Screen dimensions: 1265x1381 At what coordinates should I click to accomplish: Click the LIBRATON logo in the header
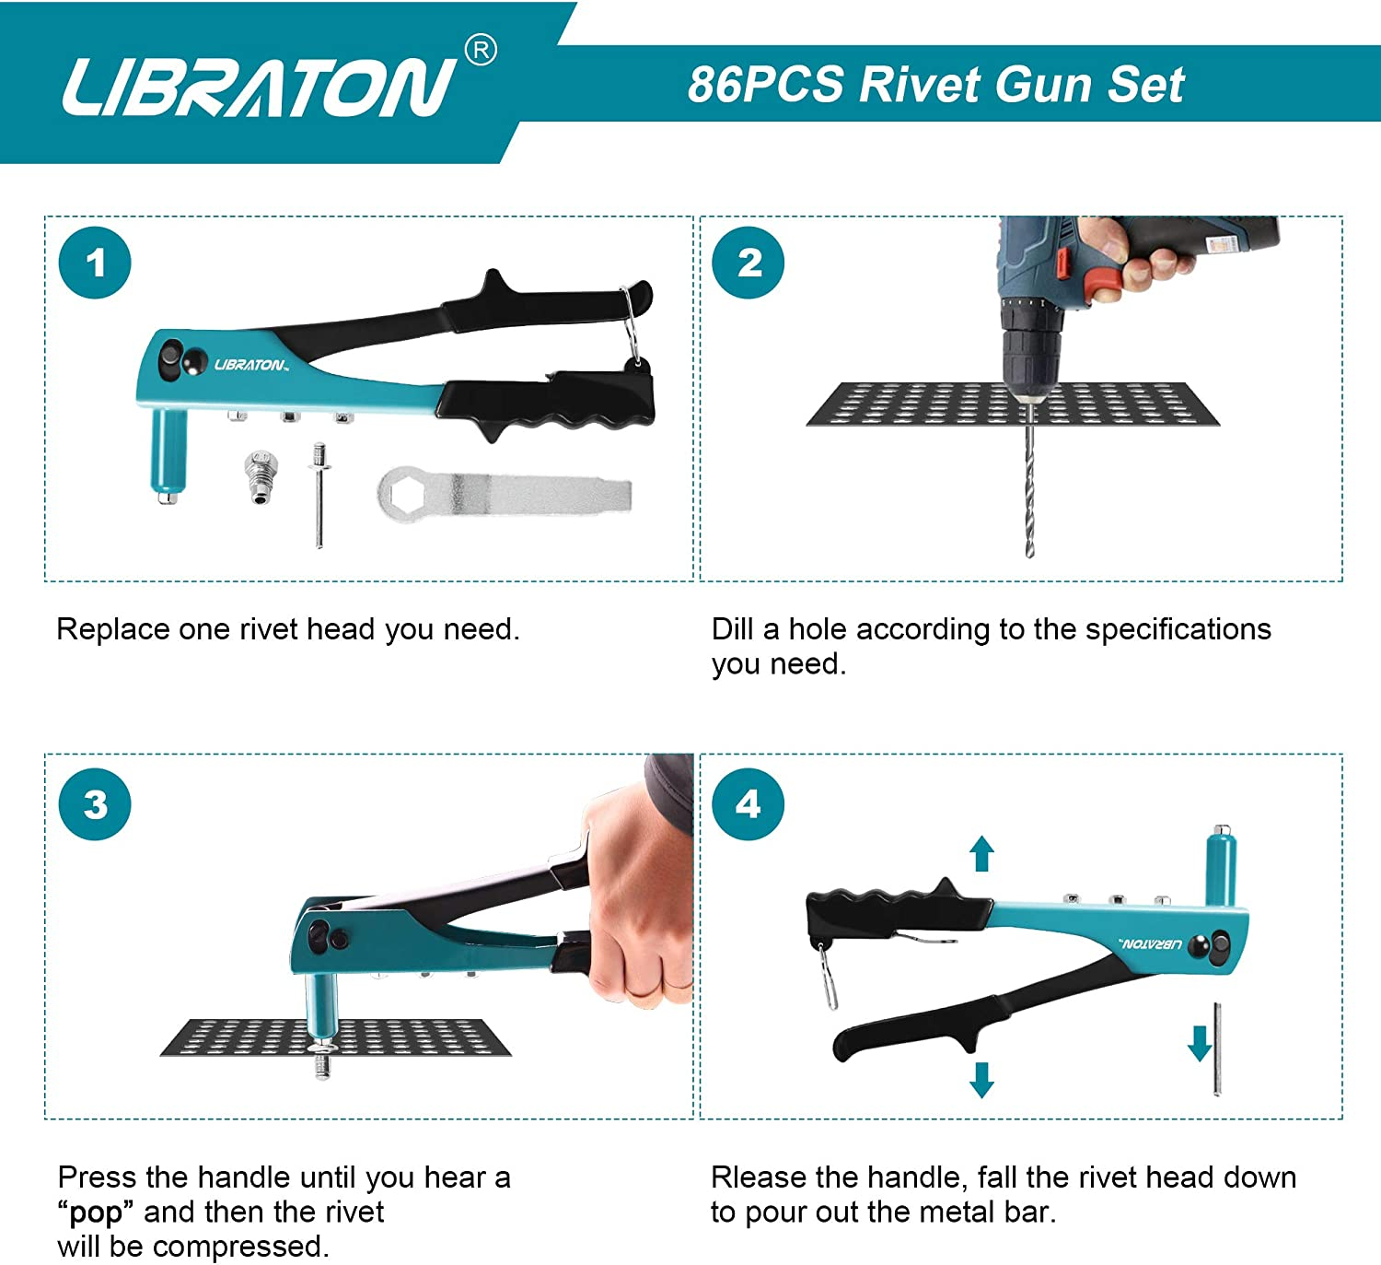tap(258, 87)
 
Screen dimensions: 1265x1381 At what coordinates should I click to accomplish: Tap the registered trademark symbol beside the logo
tap(481, 51)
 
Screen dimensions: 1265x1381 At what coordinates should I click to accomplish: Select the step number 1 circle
tap(95, 264)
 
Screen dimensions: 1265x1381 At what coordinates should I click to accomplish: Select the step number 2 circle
tap(749, 264)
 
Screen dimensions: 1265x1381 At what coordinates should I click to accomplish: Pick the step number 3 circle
tap(95, 804)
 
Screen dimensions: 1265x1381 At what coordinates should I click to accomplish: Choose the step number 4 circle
tap(749, 804)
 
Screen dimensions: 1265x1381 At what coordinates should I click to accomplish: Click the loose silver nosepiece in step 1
tap(261, 475)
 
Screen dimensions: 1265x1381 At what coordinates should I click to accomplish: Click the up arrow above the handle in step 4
tap(982, 853)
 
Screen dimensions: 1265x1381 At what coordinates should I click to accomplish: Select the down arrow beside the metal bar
tap(1199, 1044)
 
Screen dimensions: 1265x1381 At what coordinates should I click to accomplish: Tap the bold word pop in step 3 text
tap(96, 1212)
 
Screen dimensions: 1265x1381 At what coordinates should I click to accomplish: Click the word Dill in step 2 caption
tap(733, 629)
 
